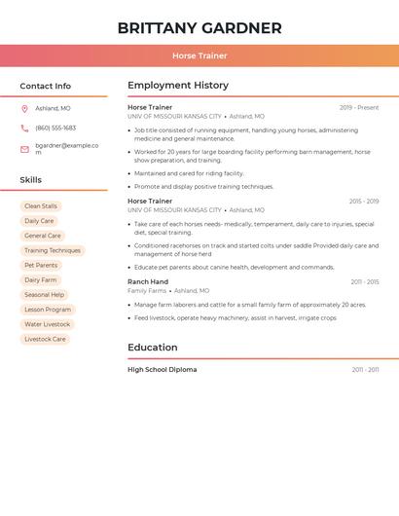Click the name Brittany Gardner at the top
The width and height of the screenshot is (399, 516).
(199, 28)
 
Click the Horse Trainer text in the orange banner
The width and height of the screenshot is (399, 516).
(199, 55)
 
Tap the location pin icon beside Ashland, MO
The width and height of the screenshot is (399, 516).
(24, 108)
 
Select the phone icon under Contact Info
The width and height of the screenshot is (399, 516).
(24, 128)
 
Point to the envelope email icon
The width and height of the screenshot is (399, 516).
(24, 148)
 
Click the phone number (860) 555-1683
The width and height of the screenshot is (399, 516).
(55, 128)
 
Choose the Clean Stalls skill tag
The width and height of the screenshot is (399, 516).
(41, 206)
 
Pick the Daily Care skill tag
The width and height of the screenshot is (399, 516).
(39, 221)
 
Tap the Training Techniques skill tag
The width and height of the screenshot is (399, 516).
(53, 250)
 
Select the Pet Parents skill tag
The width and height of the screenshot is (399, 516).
(41, 265)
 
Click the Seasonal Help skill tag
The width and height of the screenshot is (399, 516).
(44, 295)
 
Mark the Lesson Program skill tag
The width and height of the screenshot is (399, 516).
(48, 310)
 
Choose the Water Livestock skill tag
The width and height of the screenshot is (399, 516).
(47, 324)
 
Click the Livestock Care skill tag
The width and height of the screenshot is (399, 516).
(45, 339)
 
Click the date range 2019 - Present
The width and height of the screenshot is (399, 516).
(359, 107)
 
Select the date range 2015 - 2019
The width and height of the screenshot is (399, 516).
(364, 201)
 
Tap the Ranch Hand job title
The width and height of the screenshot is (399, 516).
(148, 281)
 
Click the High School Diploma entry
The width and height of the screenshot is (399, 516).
(162, 370)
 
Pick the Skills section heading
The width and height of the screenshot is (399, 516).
(31, 180)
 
